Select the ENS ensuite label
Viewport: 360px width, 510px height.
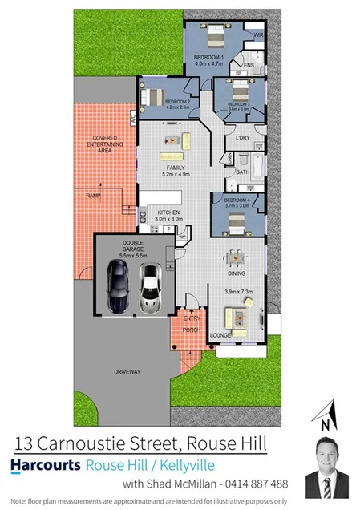tap(249, 65)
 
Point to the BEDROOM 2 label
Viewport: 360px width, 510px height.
tap(177, 102)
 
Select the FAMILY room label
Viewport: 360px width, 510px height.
tap(176, 168)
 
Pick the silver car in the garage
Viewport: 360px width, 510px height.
tap(150, 288)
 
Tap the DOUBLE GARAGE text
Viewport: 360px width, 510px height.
tap(132, 246)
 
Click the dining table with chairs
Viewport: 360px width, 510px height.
tap(236, 258)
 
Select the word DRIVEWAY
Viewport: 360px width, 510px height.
tap(127, 371)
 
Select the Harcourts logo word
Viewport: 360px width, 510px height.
tap(46, 465)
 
